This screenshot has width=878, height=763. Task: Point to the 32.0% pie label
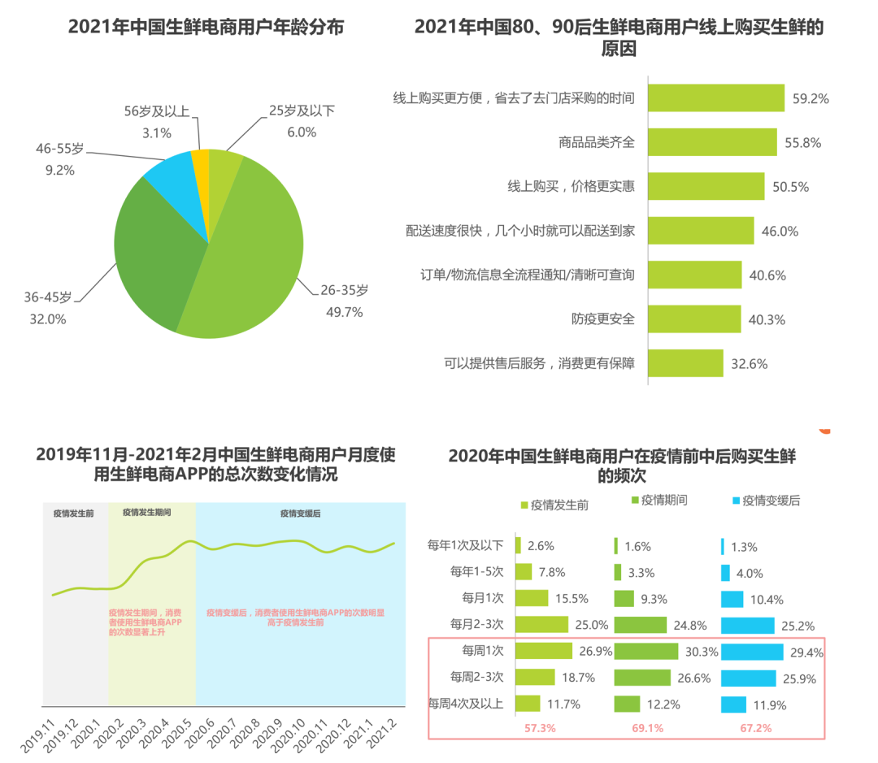click(48, 319)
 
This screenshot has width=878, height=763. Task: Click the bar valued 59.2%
click(716, 98)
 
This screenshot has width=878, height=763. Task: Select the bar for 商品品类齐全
click(712, 142)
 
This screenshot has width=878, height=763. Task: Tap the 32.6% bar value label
click(749, 363)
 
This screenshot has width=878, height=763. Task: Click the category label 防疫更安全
click(602, 319)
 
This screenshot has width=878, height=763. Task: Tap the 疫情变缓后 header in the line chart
click(300, 514)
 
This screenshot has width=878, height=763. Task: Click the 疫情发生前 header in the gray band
click(73, 514)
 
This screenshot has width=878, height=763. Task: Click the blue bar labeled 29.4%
click(752, 652)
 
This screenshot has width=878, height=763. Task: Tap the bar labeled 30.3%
click(645, 652)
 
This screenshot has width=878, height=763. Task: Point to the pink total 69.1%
click(647, 728)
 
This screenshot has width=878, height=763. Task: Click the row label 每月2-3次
click(477, 624)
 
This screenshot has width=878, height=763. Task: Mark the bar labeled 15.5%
click(532, 599)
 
